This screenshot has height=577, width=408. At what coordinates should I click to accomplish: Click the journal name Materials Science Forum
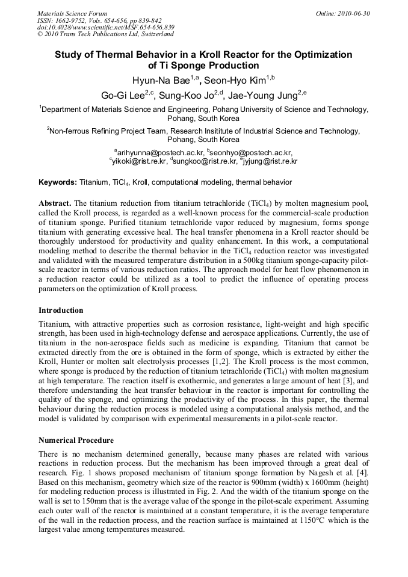point(72,13)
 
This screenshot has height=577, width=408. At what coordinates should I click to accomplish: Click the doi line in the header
point(105,27)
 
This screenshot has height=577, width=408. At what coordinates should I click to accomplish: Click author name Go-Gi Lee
point(124,94)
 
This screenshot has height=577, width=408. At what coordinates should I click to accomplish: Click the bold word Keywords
point(57,182)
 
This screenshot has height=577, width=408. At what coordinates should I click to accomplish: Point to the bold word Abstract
point(55,203)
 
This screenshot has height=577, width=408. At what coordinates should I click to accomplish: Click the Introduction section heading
point(61,310)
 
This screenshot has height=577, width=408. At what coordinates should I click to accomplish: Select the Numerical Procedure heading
point(76,440)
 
